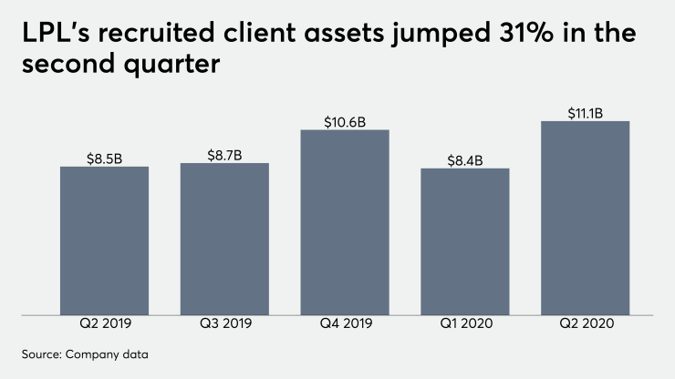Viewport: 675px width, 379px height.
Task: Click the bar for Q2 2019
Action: (x=104, y=241)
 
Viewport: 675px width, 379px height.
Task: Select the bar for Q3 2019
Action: (x=224, y=240)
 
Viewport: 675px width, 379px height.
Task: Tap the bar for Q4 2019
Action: (x=345, y=223)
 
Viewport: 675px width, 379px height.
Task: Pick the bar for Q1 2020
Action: (x=464, y=242)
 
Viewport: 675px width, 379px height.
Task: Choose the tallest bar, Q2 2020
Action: (x=585, y=219)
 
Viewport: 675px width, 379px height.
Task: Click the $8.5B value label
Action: (x=104, y=159)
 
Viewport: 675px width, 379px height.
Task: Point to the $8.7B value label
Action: (x=224, y=155)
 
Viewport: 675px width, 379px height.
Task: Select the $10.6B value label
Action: (x=345, y=121)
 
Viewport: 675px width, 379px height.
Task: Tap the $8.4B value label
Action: (x=464, y=160)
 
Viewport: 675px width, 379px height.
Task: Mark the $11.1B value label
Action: (x=585, y=113)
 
